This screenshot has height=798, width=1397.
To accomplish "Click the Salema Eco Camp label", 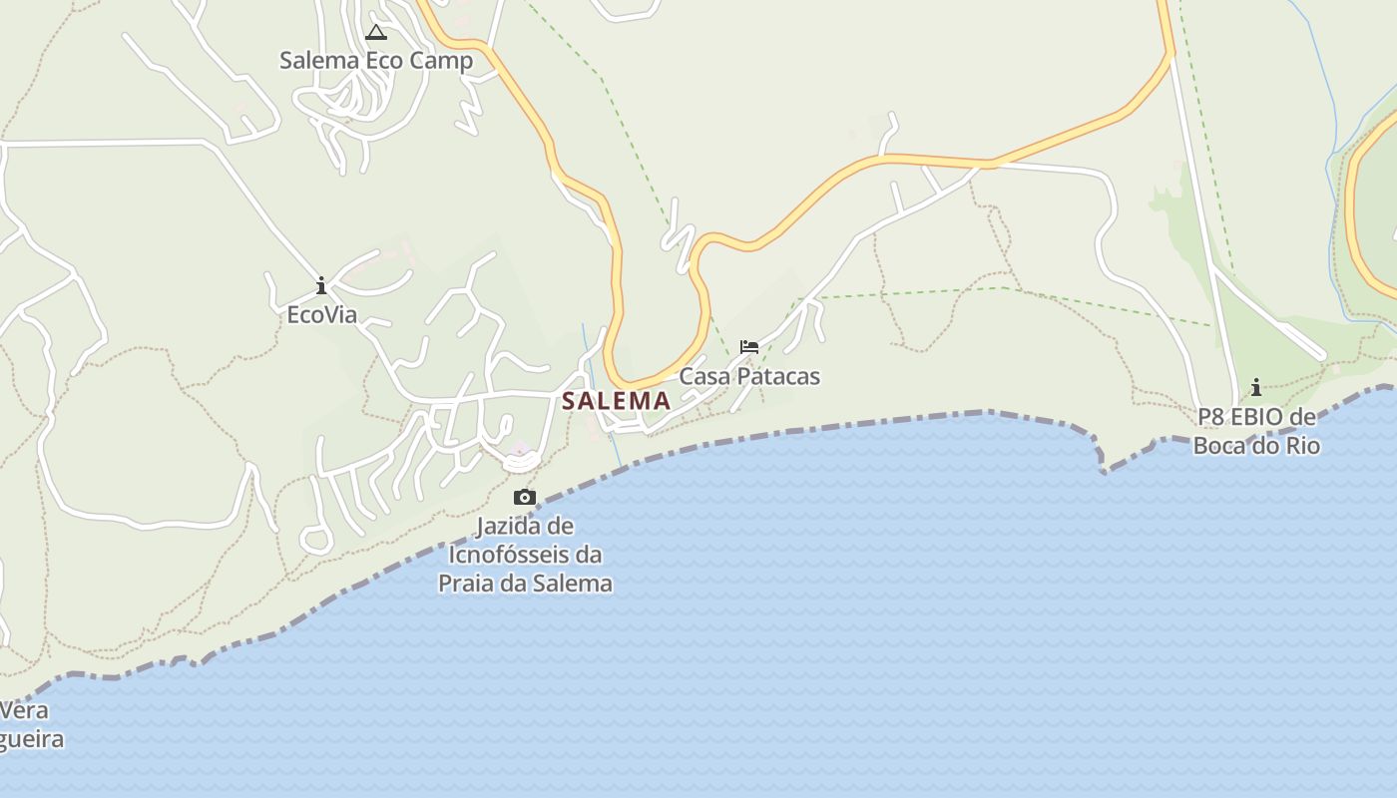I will pyautogui.click(x=375, y=61).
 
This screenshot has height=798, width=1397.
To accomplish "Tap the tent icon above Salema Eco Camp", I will pyautogui.click(x=375, y=32).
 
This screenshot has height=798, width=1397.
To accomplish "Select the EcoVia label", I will pyautogui.click(x=321, y=315).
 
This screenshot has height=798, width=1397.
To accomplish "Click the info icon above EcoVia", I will pyautogui.click(x=321, y=287).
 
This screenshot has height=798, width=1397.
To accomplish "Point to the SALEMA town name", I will pyautogui.click(x=616, y=401).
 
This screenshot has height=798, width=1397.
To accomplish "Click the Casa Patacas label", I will pyautogui.click(x=749, y=377).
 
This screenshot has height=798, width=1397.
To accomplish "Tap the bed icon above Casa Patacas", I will pyautogui.click(x=749, y=347).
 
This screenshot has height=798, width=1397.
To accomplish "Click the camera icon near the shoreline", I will pyautogui.click(x=525, y=497).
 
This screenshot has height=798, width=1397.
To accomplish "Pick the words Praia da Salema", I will pyautogui.click(x=525, y=584).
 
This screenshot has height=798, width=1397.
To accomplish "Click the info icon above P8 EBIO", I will pyautogui.click(x=1256, y=387).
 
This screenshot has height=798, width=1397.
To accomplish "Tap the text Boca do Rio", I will pyautogui.click(x=1256, y=446).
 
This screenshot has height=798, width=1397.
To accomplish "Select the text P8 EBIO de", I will pyautogui.click(x=1256, y=417).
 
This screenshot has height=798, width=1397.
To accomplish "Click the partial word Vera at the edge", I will pyautogui.click(x=23, y=711).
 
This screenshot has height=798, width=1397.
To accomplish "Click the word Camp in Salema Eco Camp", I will pyautogui.click(x=441, y=61).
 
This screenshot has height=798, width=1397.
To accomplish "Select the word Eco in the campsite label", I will pyautogui.click(x=384, y=61).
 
